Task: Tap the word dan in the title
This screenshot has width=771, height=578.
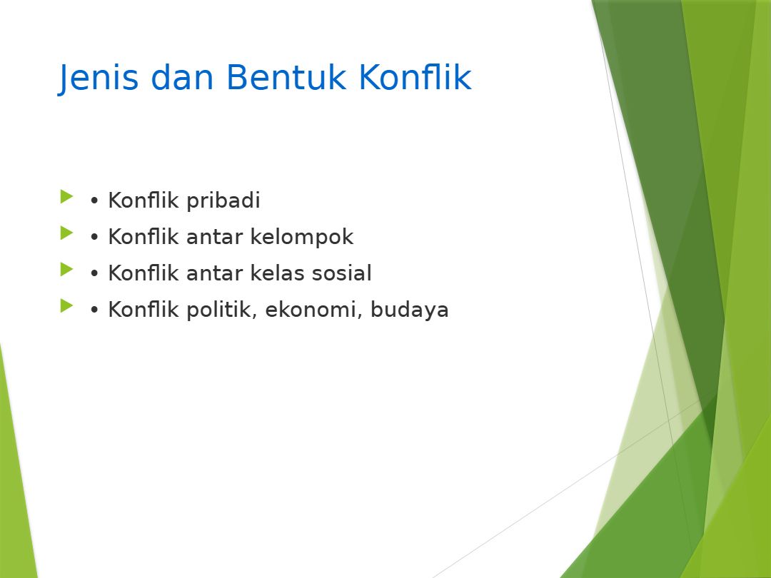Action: pos(182,77)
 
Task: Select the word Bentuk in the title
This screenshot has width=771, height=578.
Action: pos(286,77)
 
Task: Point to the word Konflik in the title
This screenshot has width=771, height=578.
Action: pos(415,77)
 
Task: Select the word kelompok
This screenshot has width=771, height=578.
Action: pos(302,237)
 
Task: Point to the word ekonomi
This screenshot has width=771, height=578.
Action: pos(313,310)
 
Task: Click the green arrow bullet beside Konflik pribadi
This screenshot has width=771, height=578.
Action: pos(67,197)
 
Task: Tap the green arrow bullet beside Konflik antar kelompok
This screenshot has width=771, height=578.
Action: pos(67,233)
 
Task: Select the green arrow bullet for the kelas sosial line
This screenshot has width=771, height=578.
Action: pos(67,269)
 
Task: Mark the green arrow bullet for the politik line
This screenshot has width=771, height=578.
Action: pos(67,305)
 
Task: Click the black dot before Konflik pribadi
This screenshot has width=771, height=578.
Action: pos(94,201)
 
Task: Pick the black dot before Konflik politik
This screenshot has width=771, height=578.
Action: pos(94,310)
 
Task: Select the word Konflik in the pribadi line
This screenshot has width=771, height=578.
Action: pos(143,201)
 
